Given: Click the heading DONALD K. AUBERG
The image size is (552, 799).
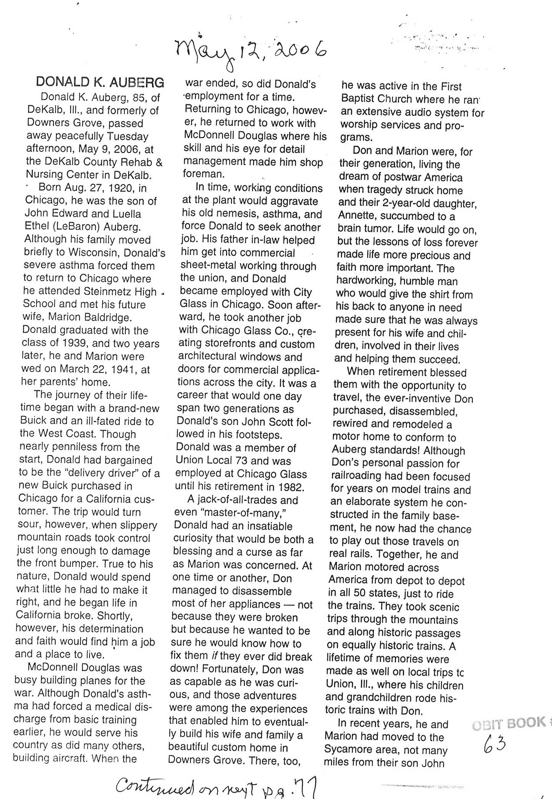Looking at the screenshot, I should (100, 82).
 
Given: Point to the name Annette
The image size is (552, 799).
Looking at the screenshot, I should (356, 216).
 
